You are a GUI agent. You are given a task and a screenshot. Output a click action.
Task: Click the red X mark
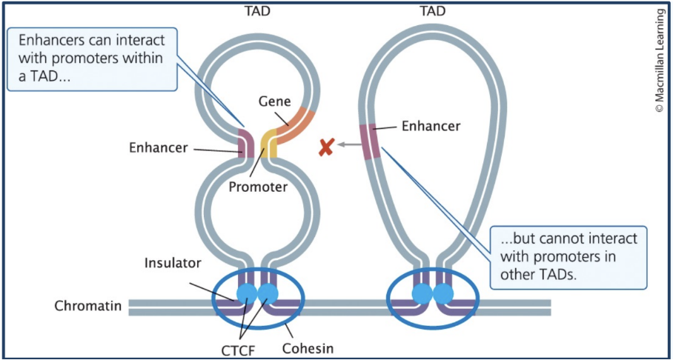(x=325, y=147)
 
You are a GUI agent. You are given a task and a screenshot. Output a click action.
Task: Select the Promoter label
(x=257, y=187)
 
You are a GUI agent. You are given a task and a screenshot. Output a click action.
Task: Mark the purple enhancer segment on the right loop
(x=370, y=141)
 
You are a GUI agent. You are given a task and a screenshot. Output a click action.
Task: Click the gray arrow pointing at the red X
(x=347, y=146)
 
